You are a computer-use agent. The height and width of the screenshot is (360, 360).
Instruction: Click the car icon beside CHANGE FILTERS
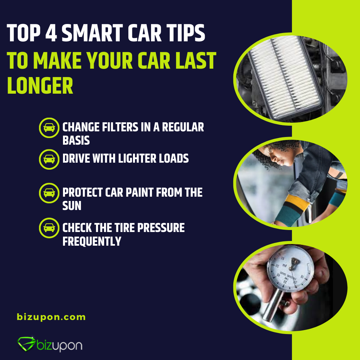[49, 127]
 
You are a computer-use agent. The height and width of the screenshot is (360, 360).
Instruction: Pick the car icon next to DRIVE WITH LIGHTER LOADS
[49, 159]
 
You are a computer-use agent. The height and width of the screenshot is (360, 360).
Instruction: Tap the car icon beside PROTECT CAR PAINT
[49, 193]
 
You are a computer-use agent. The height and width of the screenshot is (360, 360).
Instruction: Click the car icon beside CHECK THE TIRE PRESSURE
[49, 228]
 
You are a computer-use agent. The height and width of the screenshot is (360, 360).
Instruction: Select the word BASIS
[76, 140]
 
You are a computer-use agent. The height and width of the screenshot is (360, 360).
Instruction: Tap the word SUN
[72, 206]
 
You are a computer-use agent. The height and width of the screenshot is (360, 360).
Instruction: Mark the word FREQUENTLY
[92, 241]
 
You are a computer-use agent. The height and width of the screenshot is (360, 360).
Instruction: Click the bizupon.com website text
[51, 317]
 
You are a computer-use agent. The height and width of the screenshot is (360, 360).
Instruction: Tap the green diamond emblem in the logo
[26, 344]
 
